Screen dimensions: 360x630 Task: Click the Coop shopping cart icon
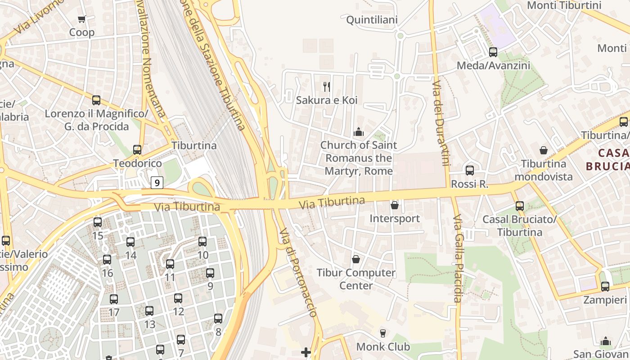[x=81, y=19]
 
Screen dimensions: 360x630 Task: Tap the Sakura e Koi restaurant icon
[x=327, y=86]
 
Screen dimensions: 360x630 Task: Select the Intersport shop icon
[x=395, y=205]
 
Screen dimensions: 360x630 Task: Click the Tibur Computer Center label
[x=356, y=279]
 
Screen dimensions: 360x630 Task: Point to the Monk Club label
[x=383, y=346]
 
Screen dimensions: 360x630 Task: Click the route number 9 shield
[x=157, y=183]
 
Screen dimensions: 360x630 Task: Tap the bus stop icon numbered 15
[x=98, y=222]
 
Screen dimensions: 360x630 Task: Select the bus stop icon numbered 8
[x=218, y=319]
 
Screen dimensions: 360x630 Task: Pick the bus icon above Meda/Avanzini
[x=493, y=52]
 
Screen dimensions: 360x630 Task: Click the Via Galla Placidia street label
[x=458, y=259]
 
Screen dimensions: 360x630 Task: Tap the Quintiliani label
[x=372, y=20]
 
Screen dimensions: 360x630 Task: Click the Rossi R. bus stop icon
[x=470, y=170]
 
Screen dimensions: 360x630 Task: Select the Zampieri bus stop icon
[x=605, y=286]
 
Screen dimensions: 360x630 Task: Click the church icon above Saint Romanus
[x=359, y=132]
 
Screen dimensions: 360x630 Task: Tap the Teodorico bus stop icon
[x=137, y=149]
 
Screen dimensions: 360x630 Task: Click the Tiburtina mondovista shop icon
[x=544, y=150]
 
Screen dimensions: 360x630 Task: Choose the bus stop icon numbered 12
[x=178, y=298]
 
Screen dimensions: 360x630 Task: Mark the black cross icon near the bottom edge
[x=306, y=352]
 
